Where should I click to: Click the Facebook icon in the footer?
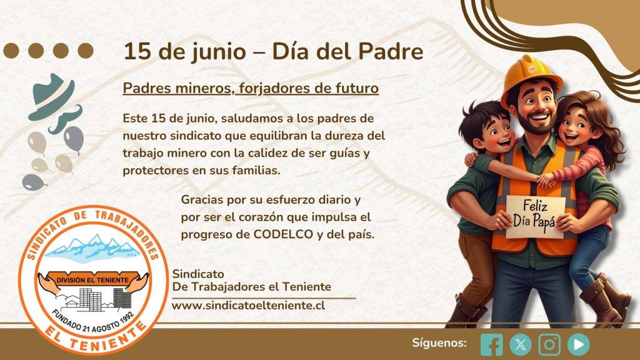pyautogui.click(x=492, y=344)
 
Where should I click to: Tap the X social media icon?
pyautogui.click(x=521, y=344)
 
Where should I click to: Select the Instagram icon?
pyautogui.click(x=549, y=344)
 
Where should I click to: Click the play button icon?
pyautogui.click(x=578, y=344)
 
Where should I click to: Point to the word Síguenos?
pyautogui.click(x=439, y=343)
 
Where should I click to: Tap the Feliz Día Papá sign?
pyautogui.click(x=536, y=217)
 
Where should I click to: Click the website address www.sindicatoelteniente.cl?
pyautogui.click(x=248, y=305)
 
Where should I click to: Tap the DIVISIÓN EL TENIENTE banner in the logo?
pyautogui.click(x=92, y=281)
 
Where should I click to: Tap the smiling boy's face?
pyautogui.click(x=495, y=134)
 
